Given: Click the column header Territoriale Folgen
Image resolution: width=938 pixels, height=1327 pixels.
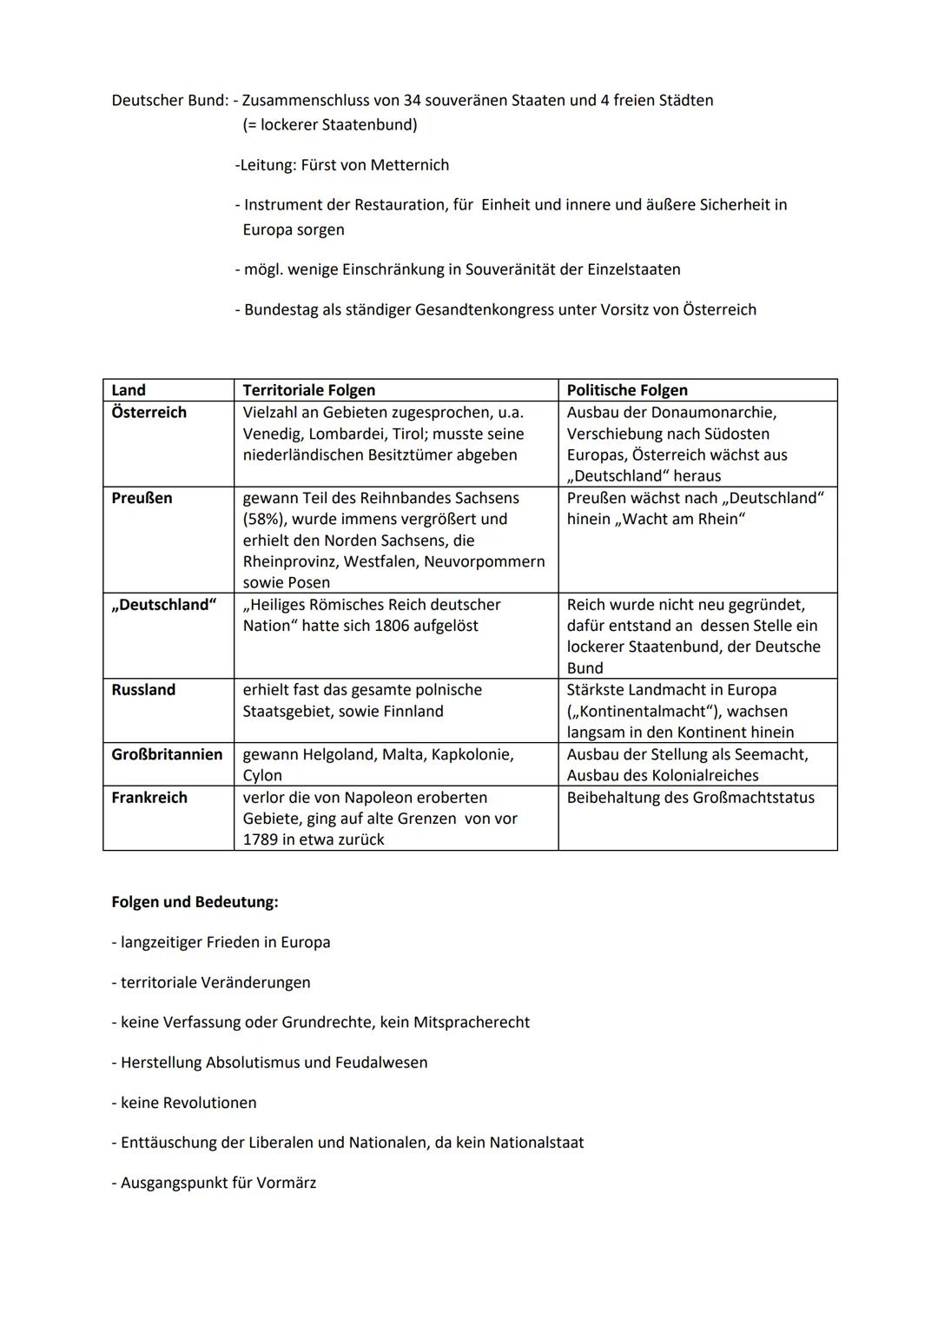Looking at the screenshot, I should point(308,390).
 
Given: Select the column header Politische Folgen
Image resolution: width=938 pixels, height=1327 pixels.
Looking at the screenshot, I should point(626,390).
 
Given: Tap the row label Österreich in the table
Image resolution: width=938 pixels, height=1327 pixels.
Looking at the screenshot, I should point(149,412).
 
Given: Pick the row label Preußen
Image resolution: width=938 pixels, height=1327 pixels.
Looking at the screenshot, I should point(142,498).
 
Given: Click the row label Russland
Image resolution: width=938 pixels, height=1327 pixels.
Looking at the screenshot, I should point(143,690).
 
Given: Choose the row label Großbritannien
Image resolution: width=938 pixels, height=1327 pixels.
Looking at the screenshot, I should point(167,754).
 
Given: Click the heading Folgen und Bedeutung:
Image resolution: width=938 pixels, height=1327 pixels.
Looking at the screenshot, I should point(195,902).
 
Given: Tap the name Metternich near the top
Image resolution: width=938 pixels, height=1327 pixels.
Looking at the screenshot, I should point(409,165).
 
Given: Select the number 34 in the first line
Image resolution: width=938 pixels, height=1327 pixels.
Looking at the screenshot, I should point(413,101).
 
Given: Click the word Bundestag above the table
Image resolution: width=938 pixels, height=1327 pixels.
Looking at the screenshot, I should point(281,310).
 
